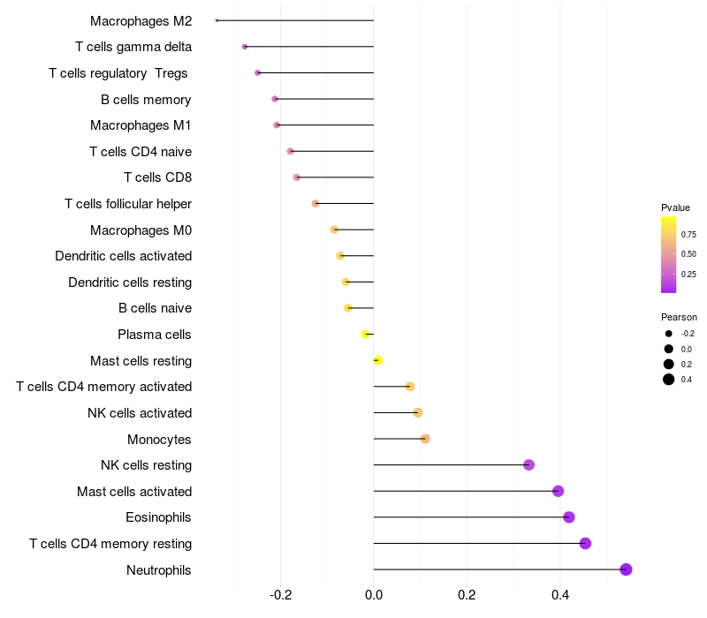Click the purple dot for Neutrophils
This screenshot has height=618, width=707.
[626, 569]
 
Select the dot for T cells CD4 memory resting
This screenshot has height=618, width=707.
[585, 543]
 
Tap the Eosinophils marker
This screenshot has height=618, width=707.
[569, 517]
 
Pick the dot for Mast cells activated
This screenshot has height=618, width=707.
[558, 491]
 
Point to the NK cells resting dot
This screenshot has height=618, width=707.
[529, 465]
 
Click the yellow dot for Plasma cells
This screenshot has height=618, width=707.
[366, 335]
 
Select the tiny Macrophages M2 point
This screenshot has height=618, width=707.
[217, 20]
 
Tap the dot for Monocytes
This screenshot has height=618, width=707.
[425, 439]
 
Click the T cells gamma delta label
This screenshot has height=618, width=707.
[133, 47]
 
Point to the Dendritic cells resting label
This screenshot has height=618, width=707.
[130, 283]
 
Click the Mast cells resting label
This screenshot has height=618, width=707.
[141, 361]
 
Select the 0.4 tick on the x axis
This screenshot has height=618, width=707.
[560, 595]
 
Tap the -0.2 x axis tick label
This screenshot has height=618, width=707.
[280, 595]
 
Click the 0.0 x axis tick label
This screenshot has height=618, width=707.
[374, 595]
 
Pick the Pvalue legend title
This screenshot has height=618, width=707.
[675, 207]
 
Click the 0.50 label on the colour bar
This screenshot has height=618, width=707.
[688, 254]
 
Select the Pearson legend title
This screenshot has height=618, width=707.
[679, 317]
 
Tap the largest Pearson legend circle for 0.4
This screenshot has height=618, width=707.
[669, 380]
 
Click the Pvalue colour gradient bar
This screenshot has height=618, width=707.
[669, 254]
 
